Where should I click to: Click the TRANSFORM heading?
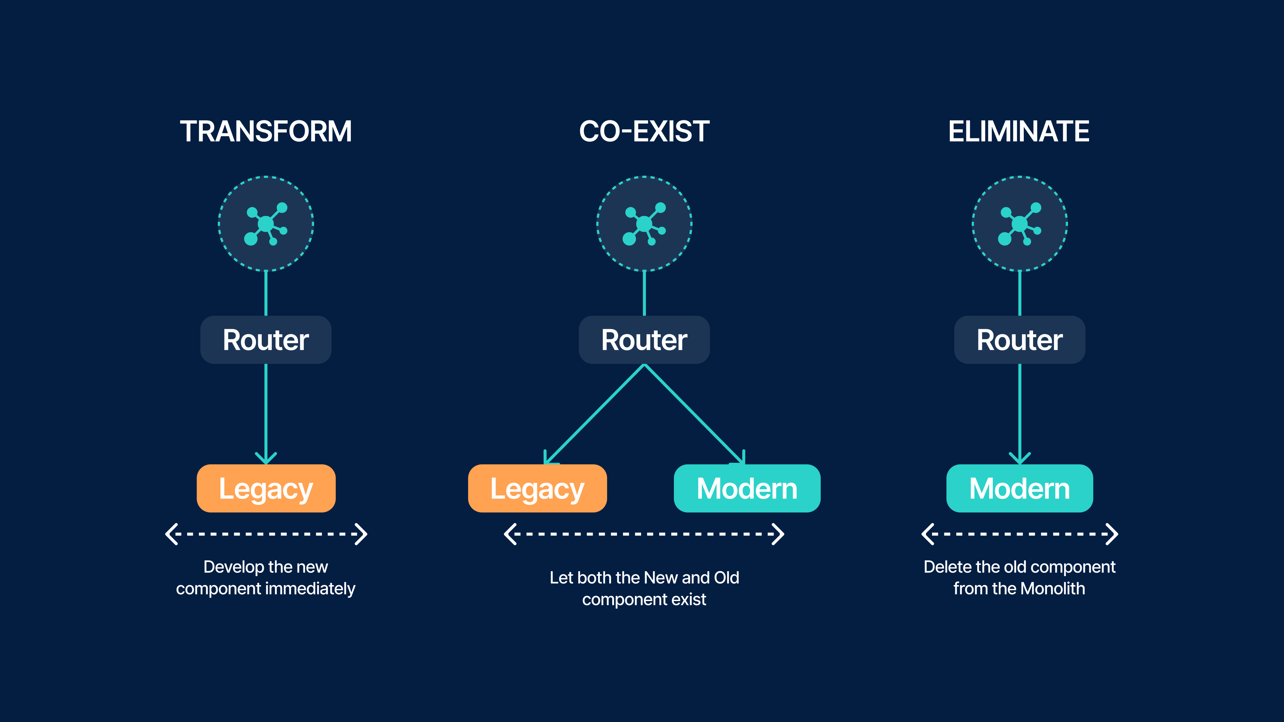click(x=266, y=131)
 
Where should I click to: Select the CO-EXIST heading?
click(x=644, y=131)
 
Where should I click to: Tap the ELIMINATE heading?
click(x=1019, y=131)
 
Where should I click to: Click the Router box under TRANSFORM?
click(x=266, y=340)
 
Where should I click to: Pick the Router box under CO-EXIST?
click(x=644, y=340)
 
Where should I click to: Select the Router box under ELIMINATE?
click(x=1019, y=340)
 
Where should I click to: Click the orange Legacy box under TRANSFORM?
click(x=266, y=488)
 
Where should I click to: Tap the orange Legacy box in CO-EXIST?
click(x=537, y=488)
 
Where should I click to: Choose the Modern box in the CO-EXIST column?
click(x=747, y=488)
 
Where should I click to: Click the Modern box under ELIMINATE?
click(x=1019, y=488)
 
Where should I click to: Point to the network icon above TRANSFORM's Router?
click(x=266, y=224)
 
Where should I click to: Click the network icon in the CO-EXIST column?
click(x=644, y=224)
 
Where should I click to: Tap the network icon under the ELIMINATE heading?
click(x=1019, y=224)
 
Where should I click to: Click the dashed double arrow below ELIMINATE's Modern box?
click(x=1019, y=534)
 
